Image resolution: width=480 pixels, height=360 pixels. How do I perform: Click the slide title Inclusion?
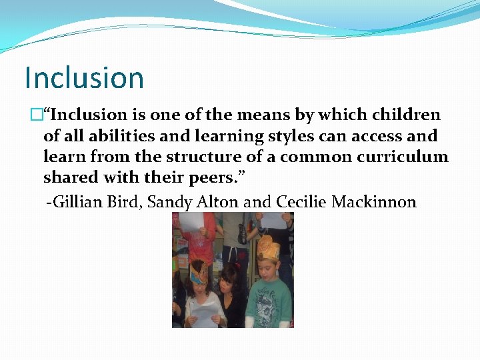[x=84, y=77]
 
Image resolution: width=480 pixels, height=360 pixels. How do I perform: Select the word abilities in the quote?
[x=105, y=136]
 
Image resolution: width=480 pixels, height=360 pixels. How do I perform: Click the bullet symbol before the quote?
[x=37, y=115]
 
